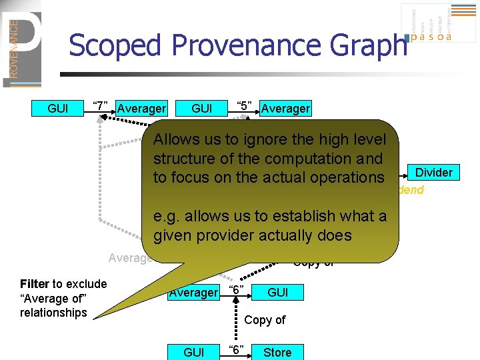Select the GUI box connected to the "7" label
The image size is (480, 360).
pos(58,108)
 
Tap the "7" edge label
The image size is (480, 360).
pos(101,107)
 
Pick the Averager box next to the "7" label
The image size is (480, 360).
pos(141,108)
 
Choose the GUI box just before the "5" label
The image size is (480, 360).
pos(202,108)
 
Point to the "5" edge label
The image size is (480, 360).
pos(245,107)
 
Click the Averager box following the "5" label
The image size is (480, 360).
pos(285,108)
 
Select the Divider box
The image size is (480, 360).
pos(433,173)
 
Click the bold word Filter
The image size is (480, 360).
pos(35,285)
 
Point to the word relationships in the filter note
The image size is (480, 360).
pos(53,313)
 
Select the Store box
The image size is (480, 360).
pos(277,353)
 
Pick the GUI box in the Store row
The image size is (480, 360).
pos(193,353)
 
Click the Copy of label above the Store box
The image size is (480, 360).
pos(265,320)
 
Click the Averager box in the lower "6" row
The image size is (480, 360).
pos(193,293)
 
